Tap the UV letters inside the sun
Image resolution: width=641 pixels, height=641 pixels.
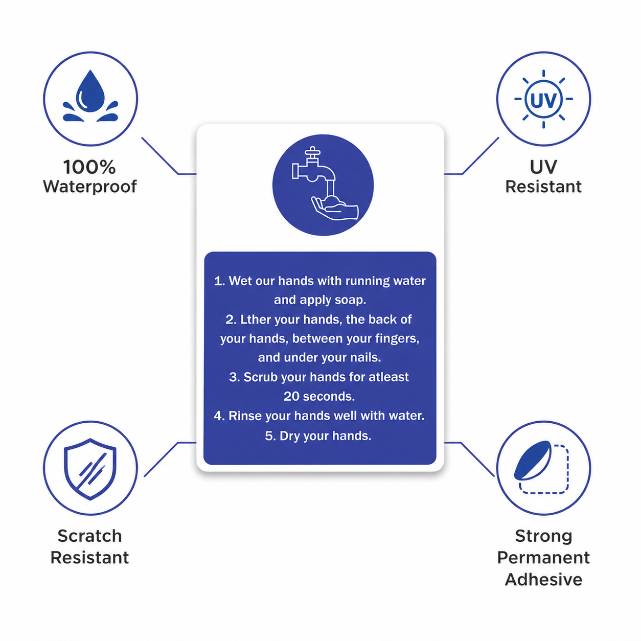point(543,100)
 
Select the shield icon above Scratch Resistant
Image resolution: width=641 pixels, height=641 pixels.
point(90,469)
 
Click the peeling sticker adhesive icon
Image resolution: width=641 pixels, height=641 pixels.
point(541,467)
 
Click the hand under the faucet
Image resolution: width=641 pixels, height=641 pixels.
point(335,208)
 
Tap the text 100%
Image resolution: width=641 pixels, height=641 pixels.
point(89,167)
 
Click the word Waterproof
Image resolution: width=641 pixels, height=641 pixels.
point(90,187)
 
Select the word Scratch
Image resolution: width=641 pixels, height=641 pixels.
point(89,536)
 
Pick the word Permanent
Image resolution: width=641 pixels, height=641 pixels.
point(543,558)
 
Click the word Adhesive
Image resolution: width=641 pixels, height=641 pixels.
point(543,580)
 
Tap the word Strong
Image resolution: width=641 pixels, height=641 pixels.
point(543,537)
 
